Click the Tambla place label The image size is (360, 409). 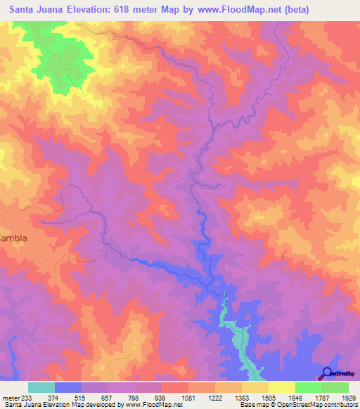tap(13, 238)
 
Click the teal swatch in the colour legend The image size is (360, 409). tap(41, 387)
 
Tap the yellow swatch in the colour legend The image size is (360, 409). tap(282, 387)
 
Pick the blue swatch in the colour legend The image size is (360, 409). tap(68, 387)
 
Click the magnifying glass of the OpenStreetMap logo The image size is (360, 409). tap(327, 372)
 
